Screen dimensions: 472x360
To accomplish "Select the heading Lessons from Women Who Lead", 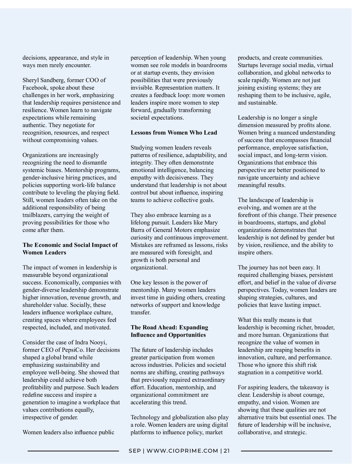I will click(x=174, y=133).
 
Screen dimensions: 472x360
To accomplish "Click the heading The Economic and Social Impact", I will click(x=70, y=245).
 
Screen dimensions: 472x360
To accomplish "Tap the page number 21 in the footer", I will click(x=227, y=451).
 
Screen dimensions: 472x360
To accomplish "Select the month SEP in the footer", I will click(x=135, y=451).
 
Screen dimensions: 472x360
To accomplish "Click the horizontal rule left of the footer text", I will click(x=73, y=451).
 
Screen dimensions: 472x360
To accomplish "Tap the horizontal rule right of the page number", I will click(x=287, y=451).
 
